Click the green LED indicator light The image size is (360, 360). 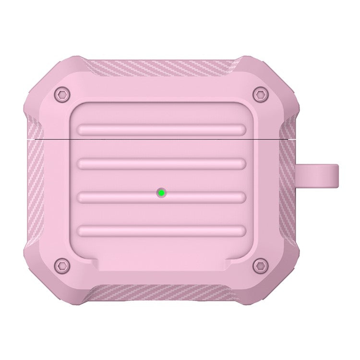point(162,193)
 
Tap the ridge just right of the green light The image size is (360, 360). point(206,197)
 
